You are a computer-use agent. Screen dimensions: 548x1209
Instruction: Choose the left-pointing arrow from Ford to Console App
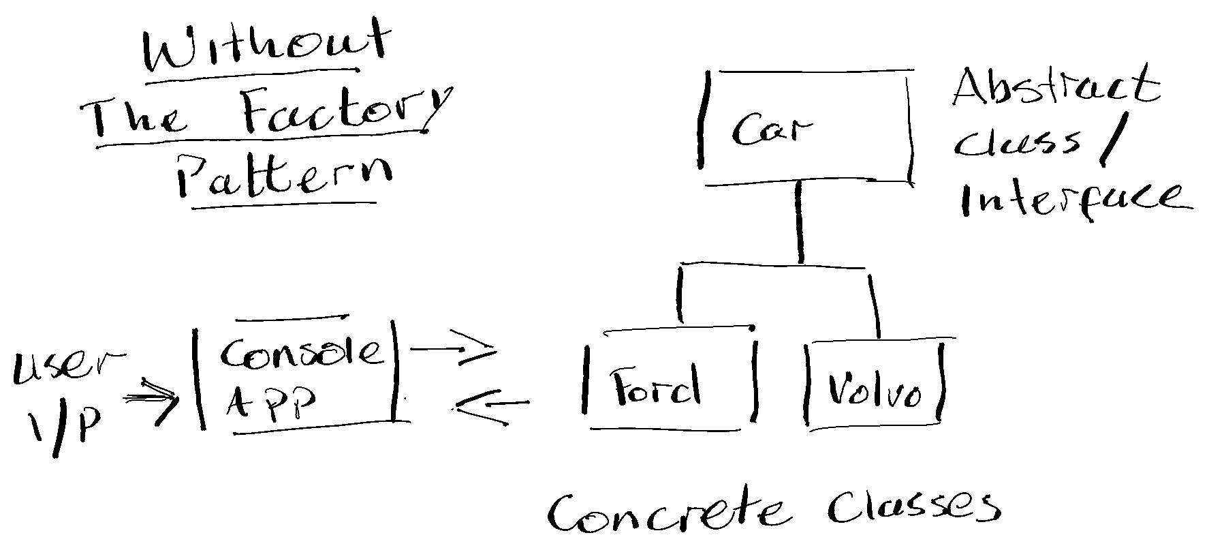pos(490,406)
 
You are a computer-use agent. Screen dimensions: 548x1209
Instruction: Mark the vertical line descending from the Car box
pos(800,222)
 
